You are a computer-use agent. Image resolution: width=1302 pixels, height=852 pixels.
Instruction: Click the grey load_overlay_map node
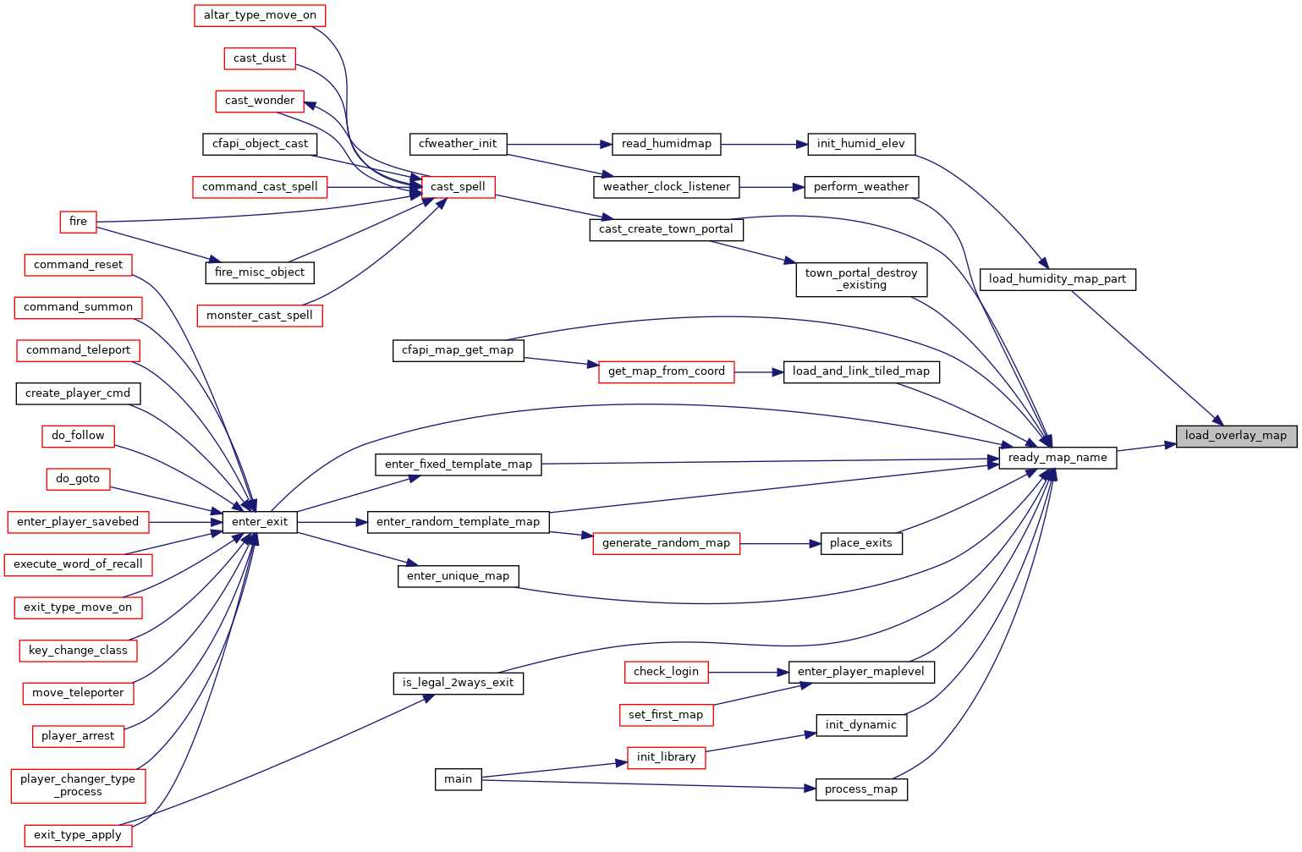point(1235,436)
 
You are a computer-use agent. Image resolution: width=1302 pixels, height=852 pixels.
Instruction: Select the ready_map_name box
point(1058,458)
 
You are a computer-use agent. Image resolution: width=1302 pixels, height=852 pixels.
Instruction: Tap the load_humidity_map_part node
point(1057,279)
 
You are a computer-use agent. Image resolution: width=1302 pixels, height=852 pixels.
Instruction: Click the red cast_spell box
point(458,187)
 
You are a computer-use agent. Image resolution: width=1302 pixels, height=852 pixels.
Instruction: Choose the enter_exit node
point(260,522)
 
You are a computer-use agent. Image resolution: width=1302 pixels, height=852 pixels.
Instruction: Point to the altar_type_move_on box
point(260,15)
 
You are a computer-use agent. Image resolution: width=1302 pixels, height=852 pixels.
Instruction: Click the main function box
point(458,779)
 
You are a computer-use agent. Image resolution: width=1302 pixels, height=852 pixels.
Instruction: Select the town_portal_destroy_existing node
point(860,279)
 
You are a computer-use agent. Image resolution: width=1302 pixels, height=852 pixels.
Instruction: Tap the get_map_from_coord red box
point(666,371)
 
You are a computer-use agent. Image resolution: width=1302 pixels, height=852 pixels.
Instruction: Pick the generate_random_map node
point(666,543)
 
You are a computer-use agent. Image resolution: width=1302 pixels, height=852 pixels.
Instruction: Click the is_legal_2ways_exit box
point(458,683)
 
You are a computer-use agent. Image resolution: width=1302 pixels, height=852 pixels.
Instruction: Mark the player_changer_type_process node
point(78,785)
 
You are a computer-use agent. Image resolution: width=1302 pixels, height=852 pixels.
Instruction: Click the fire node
point(78,222)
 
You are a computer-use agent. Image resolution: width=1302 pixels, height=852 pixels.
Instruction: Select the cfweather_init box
point(458,144)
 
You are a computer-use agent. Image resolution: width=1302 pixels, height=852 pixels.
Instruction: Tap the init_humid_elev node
point(860,144)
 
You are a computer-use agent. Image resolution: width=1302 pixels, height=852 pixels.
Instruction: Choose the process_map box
point(860,789)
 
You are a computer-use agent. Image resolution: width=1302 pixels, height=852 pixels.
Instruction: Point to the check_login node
point(666,672)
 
